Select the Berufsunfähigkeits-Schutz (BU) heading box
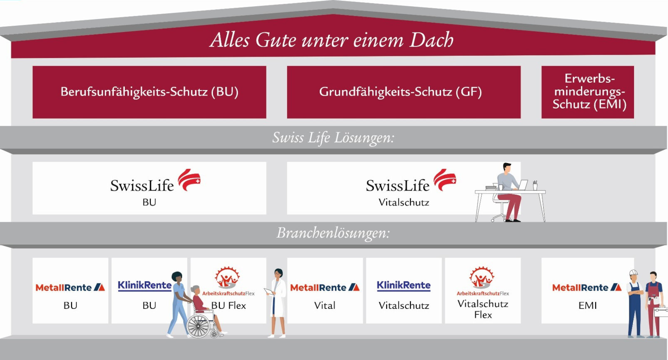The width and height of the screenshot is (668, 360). pos(149,92)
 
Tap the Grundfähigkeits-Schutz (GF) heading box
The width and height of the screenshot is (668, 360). pos(404,92)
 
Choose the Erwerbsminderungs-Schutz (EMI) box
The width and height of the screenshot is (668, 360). pos(588,92)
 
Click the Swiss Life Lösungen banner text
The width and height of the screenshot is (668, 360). pos(333,138)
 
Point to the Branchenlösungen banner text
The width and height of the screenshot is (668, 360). pos(333,233)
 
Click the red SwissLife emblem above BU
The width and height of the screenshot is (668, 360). pos(189,179)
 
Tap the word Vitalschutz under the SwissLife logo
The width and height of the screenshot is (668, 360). pos(404,203)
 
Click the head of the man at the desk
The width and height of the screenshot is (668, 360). pos(507,167)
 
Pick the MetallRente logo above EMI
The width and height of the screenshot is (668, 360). pos(587,288)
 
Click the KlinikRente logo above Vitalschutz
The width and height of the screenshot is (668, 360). pos(404,286)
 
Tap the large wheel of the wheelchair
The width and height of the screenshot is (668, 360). pos(198,326)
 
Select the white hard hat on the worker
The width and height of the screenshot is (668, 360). pos(633,272)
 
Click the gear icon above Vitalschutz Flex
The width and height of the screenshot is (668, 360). pos(482,278)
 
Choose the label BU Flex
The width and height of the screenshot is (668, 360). pos(228,306)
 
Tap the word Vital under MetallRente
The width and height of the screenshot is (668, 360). pos(325,305)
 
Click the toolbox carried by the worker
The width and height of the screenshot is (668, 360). pos(661,312)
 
